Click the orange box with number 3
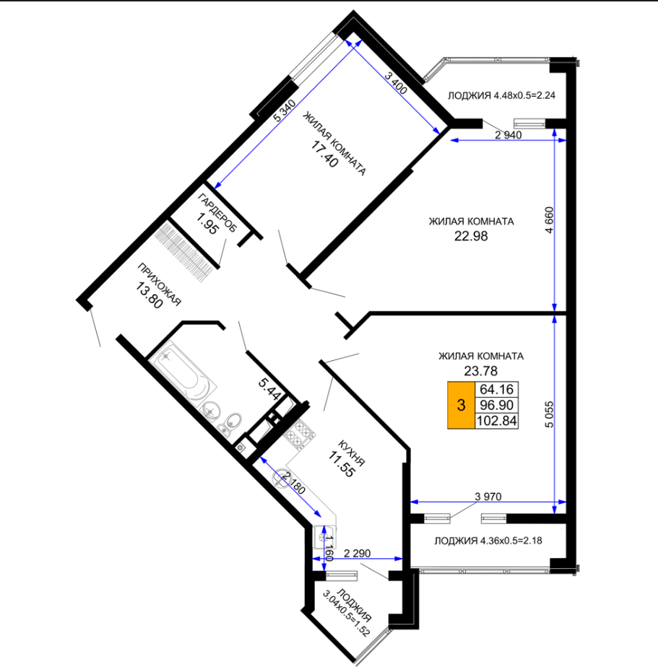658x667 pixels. pos(461,405)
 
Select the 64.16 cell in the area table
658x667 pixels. pos(496,389)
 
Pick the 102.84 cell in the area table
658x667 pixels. pos(496,421)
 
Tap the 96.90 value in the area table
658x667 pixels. pos(496,405)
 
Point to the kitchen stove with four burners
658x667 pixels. pos(300,435)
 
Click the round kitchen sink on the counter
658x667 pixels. pos(282,478)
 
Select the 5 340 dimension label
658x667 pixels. pos(284,111)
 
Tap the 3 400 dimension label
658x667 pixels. pos(396,82)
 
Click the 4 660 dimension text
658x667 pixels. pos(549,220)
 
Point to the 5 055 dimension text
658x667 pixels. pos(549,414)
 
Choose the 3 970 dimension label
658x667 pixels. pos(488,497)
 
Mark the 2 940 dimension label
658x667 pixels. pos(508,135)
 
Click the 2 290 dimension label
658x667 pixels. pos(357,554)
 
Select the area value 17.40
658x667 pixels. pos(324,154)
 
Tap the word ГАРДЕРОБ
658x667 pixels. pos(217,213)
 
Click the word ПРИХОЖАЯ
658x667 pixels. pos(159,284)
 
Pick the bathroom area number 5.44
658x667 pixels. pos(269,389)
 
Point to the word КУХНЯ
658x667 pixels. pos(352,453)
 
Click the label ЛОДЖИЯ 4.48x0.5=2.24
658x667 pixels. pos(501,95)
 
